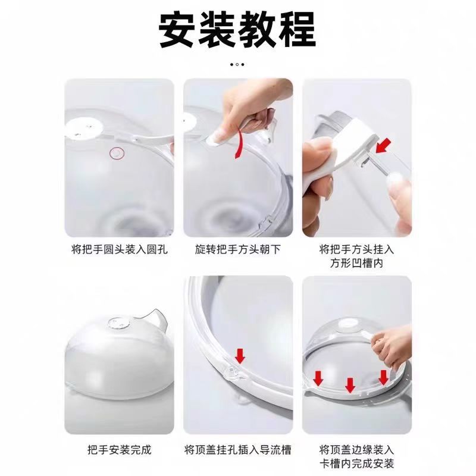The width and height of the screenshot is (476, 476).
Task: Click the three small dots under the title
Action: click(237, 64)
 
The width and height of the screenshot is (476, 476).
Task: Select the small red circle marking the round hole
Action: click(117, 154)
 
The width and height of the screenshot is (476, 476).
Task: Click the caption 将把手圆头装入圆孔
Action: click(119, 249)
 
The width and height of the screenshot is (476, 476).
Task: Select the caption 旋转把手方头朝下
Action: click(237, 249)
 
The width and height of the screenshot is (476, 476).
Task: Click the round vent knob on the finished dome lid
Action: click(115, 323)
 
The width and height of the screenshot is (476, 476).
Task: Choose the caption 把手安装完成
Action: click(119, 449)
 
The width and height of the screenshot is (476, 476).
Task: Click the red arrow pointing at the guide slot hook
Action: click(239, 356)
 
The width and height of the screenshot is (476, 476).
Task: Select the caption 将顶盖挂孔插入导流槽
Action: click(237, 449)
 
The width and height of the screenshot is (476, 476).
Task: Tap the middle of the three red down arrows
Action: click(350, 386)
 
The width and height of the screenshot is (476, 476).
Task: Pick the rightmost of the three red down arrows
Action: click(383, 377)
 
